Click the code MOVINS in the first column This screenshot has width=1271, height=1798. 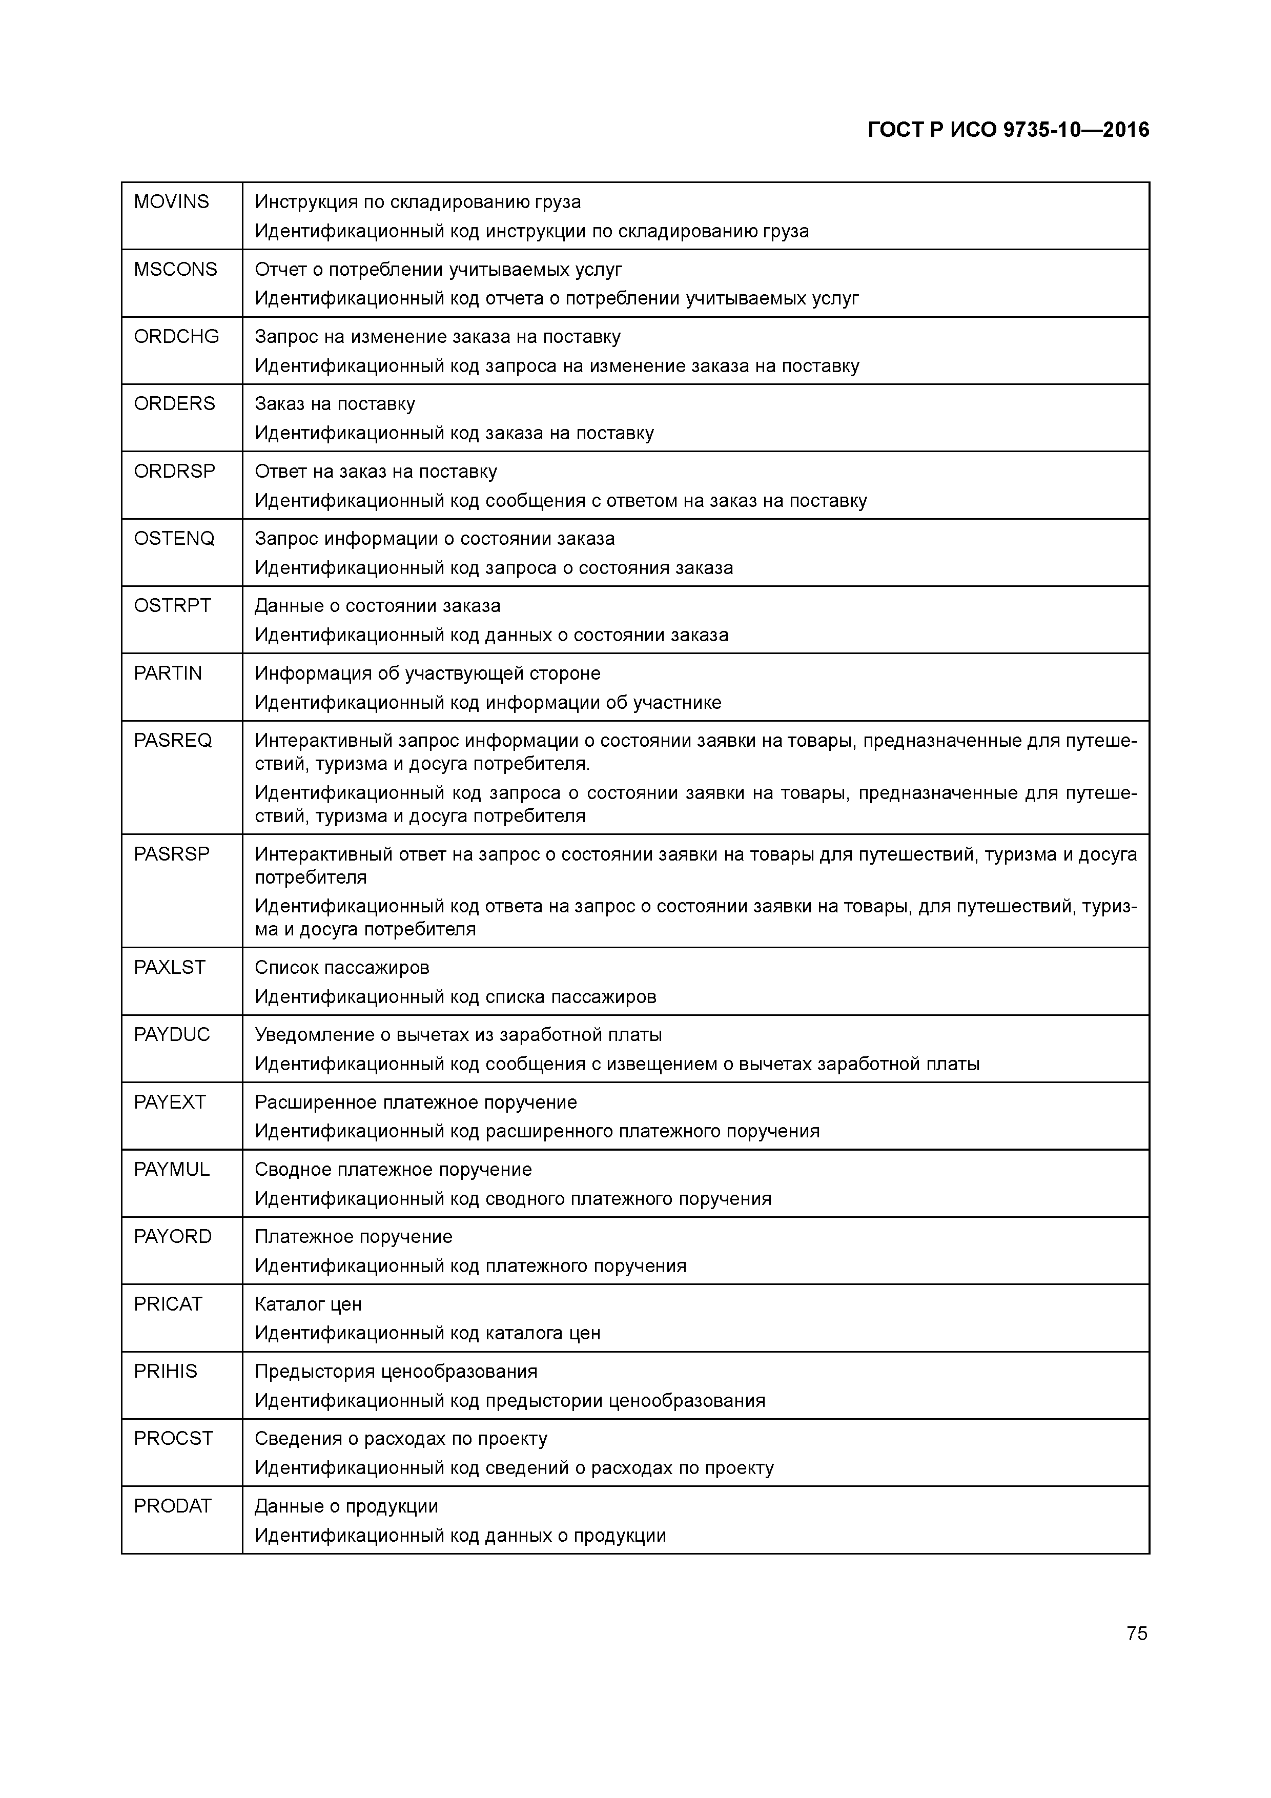pos(172,202)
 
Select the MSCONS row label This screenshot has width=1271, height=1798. pos(175,270)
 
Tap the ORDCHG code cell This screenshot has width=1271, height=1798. pos(176,337)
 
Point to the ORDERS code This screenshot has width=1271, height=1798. pos(174,404)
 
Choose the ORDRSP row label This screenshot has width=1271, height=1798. pos(174,472)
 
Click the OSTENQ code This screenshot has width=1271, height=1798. pos(174,539)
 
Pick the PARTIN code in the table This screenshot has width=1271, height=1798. pos(168,673)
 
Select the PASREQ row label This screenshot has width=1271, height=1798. pos(172,741)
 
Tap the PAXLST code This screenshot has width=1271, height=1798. pos(169,968)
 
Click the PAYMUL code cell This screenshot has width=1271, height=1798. pos(172,1170)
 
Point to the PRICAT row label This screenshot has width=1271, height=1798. pos(168,1304)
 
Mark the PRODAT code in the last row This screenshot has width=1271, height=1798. pos(172,1507)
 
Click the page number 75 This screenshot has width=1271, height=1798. pos(1136,1633)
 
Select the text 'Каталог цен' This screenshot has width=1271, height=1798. pos(308,1304)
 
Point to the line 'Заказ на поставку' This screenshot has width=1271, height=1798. pos(334,404)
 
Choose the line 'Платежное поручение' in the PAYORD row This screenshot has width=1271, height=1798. pos(353,1237)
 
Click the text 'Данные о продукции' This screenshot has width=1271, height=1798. pos(346,1507)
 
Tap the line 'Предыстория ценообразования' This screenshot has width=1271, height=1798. pos(396,1372)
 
